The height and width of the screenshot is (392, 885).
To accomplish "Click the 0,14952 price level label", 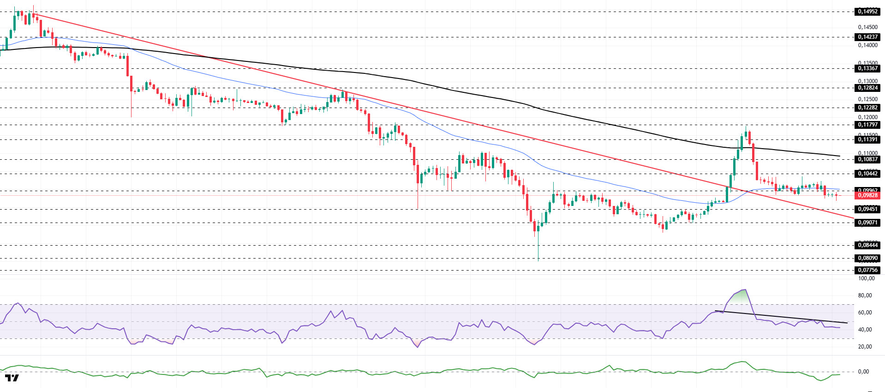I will (x=867, y=12).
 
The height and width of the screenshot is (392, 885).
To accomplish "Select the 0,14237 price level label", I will (x=867, y=37).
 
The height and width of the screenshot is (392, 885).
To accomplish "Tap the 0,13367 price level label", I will (x=867, y=68).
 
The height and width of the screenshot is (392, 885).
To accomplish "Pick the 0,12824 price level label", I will (x=867, y=88).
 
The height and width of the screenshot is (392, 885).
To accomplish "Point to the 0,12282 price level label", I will (x=867, y=108).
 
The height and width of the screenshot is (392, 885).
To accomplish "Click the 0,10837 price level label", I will (x=867, y=159).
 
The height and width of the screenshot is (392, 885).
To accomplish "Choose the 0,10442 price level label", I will (x=867, y=174).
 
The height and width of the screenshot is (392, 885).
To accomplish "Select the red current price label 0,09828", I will (x=867, y=195).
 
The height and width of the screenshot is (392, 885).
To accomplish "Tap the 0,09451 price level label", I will (x=867, y=209).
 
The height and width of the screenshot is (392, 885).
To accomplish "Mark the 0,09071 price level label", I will (x=867, y=223).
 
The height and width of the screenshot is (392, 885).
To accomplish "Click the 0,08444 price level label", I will (x=867, y=245).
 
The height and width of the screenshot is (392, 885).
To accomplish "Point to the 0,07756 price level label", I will (x=867, y=270).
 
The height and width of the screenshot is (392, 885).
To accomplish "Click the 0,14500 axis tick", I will (x=867, y=27).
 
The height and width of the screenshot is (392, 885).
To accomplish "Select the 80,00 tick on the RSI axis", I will (x=865, y=296).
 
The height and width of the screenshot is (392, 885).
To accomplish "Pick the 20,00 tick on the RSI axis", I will (x=865, y=347).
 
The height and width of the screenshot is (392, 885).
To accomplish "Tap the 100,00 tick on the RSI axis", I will (x=866, y=278).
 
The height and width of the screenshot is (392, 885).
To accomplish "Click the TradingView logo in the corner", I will (x=12, y=378).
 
